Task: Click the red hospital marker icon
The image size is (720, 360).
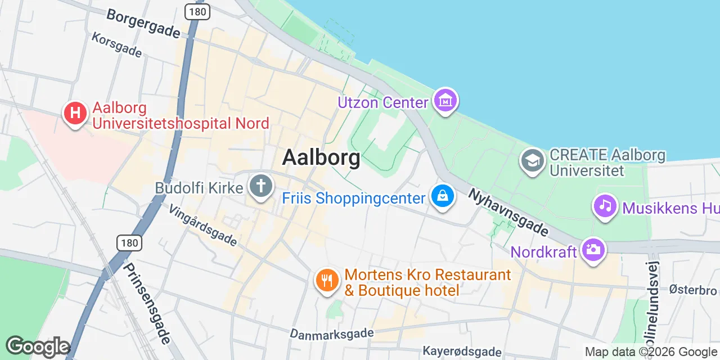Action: [75, 113]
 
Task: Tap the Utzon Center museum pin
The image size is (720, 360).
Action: [445, 101]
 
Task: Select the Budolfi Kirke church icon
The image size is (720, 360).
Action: [261, 187]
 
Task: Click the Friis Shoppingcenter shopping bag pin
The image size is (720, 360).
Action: [443, 197]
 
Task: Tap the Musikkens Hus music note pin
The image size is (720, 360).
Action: [605, 206]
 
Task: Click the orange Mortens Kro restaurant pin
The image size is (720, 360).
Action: [326, 280]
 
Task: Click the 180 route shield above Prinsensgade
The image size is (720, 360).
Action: [129, 243]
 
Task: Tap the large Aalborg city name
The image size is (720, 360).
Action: [321, 157]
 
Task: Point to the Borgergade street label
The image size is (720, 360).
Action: [143, 24]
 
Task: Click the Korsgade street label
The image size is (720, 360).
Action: [118, 44]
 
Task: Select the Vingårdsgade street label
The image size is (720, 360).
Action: [203, 224]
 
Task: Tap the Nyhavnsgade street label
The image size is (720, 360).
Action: [508, 211]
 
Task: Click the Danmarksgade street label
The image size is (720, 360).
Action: [331, 333]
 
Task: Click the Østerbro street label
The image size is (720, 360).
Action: [693, 290]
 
